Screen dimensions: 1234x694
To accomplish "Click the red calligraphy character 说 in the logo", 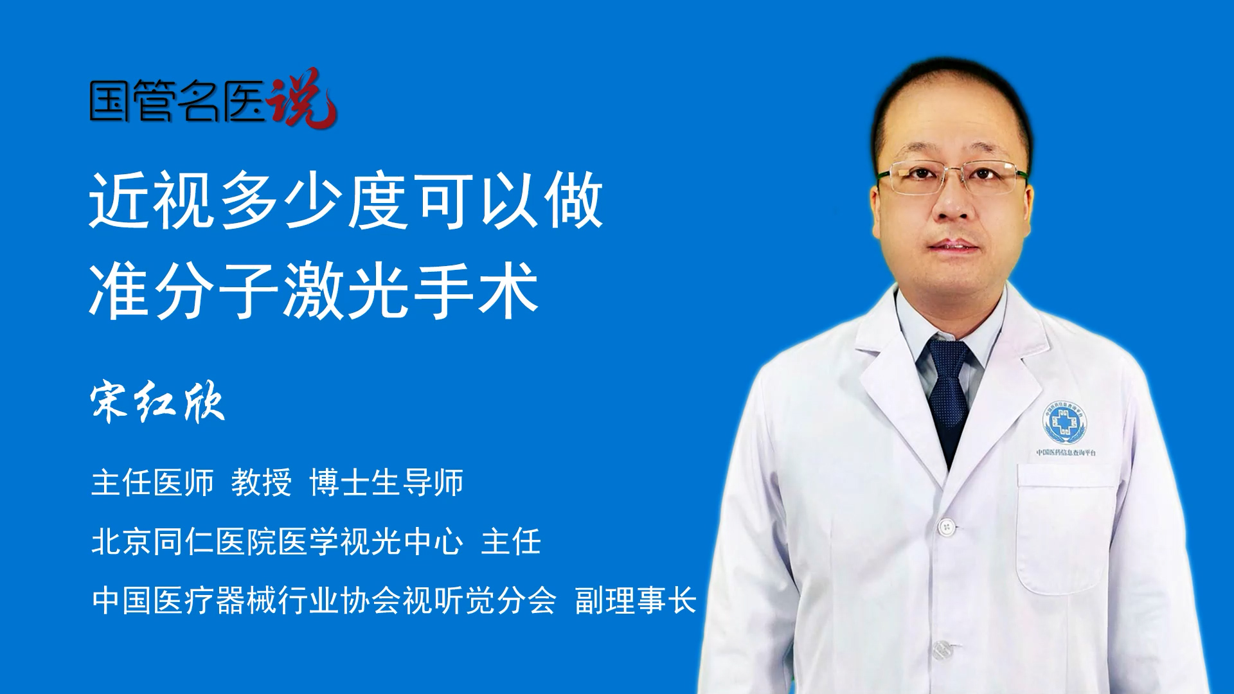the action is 302,98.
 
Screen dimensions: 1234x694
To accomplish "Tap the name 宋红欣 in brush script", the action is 158,403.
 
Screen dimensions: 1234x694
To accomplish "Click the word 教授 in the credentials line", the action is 262,483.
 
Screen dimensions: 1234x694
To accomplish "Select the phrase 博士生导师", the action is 386,483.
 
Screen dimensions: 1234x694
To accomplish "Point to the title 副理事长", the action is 636,601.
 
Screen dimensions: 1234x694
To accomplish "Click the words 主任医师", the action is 152,483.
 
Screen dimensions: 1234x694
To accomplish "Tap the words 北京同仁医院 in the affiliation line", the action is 184,542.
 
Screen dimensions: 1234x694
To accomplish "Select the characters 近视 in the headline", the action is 152,200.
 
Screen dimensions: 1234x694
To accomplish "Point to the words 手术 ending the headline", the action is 476,290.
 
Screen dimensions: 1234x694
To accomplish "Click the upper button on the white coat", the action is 946,527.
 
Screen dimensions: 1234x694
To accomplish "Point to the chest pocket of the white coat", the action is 1067,527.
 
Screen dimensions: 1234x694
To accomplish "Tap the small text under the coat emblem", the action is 1066,452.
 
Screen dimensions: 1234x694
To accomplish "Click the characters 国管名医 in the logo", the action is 177,102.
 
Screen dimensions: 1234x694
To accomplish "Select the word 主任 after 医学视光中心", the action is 511,542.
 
